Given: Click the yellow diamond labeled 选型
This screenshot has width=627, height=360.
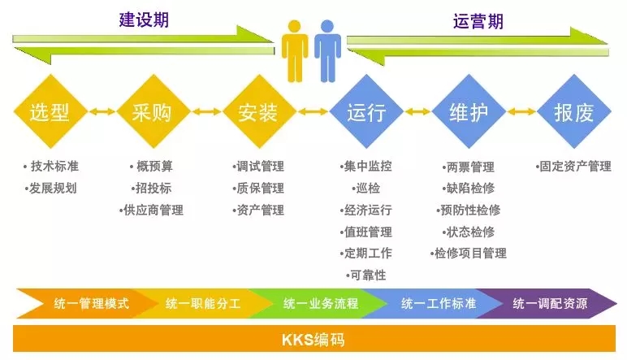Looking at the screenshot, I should [50, 112].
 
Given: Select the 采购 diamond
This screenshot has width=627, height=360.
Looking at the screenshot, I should [151, 112].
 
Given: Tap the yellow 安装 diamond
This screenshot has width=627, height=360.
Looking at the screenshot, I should [259, 112].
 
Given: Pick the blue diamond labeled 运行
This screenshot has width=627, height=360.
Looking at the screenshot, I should [365, 112].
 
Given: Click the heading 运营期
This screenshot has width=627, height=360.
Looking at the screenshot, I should [478, 21].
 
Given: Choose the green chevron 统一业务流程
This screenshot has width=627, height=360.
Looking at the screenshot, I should [319, 304].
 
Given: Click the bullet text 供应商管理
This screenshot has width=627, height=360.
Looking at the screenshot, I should [151, 210].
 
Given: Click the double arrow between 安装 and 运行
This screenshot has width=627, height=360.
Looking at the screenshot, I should [312, 111].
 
